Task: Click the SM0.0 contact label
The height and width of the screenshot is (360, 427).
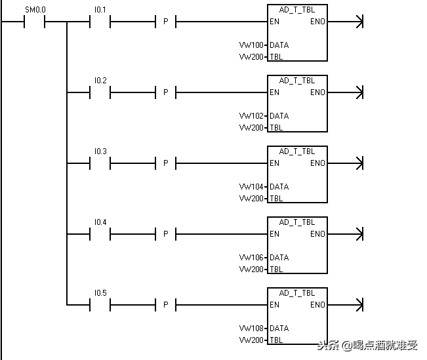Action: tap(35, 10)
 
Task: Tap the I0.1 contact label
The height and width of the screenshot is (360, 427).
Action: tap(100, 10)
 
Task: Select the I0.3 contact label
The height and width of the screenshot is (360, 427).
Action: tap(100, 151)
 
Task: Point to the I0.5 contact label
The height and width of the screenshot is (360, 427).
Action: tap(100, 293)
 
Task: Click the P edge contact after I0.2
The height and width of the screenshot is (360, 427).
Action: tap(165, 92)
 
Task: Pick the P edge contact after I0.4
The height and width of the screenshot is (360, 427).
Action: tap(165, 234)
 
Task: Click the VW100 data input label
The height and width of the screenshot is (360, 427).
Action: tap(251, 45)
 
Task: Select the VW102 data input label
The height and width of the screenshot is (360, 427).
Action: tap(251, 115)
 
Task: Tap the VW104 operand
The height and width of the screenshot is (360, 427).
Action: tap(251, 186)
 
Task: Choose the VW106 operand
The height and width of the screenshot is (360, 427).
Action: tap(251, 257)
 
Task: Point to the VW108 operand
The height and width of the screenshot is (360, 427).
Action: tap(251, 328)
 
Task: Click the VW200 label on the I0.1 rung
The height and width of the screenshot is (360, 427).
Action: tap(251, 57)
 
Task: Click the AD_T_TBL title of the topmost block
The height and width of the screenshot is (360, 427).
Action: tap(297, 10)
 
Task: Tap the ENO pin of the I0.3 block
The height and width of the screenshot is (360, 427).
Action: tap(317, 163)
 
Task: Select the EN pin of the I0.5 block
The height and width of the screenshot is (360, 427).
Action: tap(274, 305)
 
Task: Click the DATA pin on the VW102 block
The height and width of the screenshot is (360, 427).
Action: tap(279, 115)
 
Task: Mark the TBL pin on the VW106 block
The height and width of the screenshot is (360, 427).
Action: tap(276, 270)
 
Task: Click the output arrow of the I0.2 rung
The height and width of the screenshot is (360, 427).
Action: tap(345, 92)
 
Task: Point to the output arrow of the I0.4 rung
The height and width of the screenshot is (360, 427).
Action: tap(345, 234)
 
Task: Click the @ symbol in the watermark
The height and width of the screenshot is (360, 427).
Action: tap(347, 346)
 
